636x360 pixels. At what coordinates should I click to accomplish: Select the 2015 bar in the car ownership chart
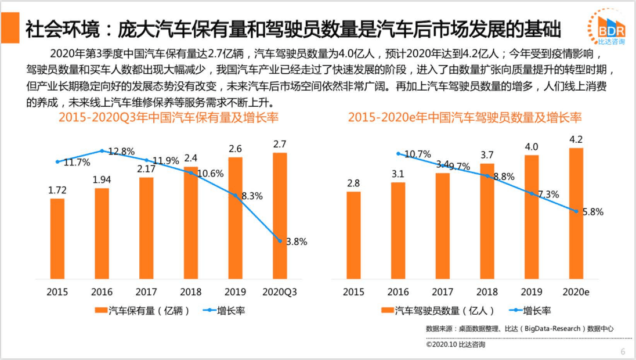pyautogui.click(x=57, y=239)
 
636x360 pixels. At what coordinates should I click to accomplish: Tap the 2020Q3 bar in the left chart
pyautogui.click(x=280, y=215)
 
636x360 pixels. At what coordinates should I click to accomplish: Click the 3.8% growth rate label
pyautogui.click(x=295, y=242)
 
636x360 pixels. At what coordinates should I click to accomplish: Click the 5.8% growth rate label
pyautogui.click(x=592, y=212)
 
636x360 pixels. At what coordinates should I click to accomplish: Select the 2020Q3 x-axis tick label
pyautogui.click(x=280, y=291)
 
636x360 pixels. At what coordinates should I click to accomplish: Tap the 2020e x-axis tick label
pyautogui.click(x=576, y=291)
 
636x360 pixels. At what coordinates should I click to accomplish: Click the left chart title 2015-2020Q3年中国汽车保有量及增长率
pyautogui.click(x=169, y=118)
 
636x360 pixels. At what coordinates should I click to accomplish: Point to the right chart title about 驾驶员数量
pyautogui.click(x=465, y=118)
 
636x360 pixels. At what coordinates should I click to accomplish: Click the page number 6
pyautogui.click(x=623, y=351)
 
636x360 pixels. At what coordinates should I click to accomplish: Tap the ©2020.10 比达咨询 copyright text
pyautogui.click(x=456, y=344)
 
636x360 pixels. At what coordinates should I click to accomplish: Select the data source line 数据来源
pyautogui.click(x=519, y=329)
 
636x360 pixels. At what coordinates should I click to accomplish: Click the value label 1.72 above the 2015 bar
pyautogui.click(x=57, y=189)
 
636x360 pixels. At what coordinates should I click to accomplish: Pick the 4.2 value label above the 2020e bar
pyautogui.click(x=576, y=139)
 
